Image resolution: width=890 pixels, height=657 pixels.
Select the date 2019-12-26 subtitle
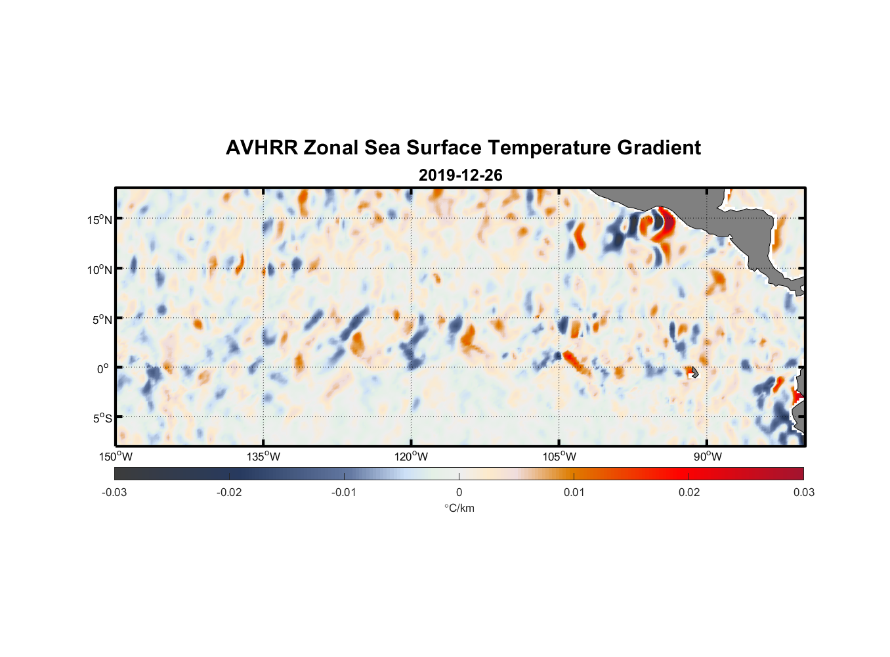coord(460,175)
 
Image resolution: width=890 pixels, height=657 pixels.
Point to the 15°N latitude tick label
coord(100,219)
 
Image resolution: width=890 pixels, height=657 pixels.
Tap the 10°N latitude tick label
coord(100,269)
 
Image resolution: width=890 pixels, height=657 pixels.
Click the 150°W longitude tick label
coord(116,457)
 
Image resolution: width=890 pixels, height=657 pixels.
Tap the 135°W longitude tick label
coord(264,457)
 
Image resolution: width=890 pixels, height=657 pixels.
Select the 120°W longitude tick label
coord(412,457)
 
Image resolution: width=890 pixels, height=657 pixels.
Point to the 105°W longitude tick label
coord(559,457)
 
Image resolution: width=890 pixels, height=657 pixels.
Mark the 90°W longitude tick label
coord(708,457)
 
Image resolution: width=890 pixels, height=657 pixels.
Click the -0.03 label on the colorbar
coord(114,492)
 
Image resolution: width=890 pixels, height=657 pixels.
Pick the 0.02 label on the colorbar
coord(689,492)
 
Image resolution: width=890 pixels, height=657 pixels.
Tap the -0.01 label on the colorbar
coord(344,492)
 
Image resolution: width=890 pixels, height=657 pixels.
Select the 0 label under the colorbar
coord(459,492)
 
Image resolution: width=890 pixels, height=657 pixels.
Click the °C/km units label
coord(459,508)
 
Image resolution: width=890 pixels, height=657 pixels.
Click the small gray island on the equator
coord(694,372)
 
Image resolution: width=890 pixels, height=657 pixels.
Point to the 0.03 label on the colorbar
coord(803,492)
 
